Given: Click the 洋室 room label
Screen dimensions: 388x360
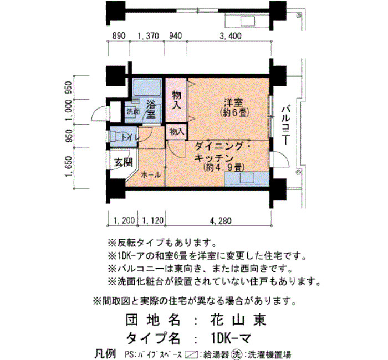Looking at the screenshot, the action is pos(233,102).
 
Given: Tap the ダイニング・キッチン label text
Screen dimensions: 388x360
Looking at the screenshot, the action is pos(222,152).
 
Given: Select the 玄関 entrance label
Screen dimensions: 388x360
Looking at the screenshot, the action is pos(123,162).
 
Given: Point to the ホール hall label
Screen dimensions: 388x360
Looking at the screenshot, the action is pos(150,175).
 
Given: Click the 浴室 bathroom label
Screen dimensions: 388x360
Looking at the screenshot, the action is pos(151,109).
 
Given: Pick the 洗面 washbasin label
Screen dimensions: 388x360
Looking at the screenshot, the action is pos(133,111).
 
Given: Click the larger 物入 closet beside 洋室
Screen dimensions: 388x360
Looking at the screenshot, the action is pos(176,100).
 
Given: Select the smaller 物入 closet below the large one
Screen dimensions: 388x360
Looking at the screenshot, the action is pos(177,132).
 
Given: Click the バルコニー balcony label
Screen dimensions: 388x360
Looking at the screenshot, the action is pos(287,126).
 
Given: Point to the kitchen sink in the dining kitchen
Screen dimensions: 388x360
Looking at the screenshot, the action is pos(247,178).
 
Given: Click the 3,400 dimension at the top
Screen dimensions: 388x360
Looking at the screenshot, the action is pos(230,36).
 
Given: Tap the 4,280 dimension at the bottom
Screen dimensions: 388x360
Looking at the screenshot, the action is pos(221,220).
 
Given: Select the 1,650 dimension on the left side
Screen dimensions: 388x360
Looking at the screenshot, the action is pos(69,167).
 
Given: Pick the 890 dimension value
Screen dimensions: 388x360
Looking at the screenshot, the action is pos(119,36).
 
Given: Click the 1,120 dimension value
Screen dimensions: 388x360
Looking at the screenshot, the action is pos(153,220).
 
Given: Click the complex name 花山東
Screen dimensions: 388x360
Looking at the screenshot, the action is pos(238,320).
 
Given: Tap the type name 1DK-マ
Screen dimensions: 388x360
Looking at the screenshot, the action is pos(231,338).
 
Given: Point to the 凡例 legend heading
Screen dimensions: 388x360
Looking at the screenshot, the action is pos(105,354).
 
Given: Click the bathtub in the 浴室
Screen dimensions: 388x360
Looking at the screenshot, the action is pos(147,88).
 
